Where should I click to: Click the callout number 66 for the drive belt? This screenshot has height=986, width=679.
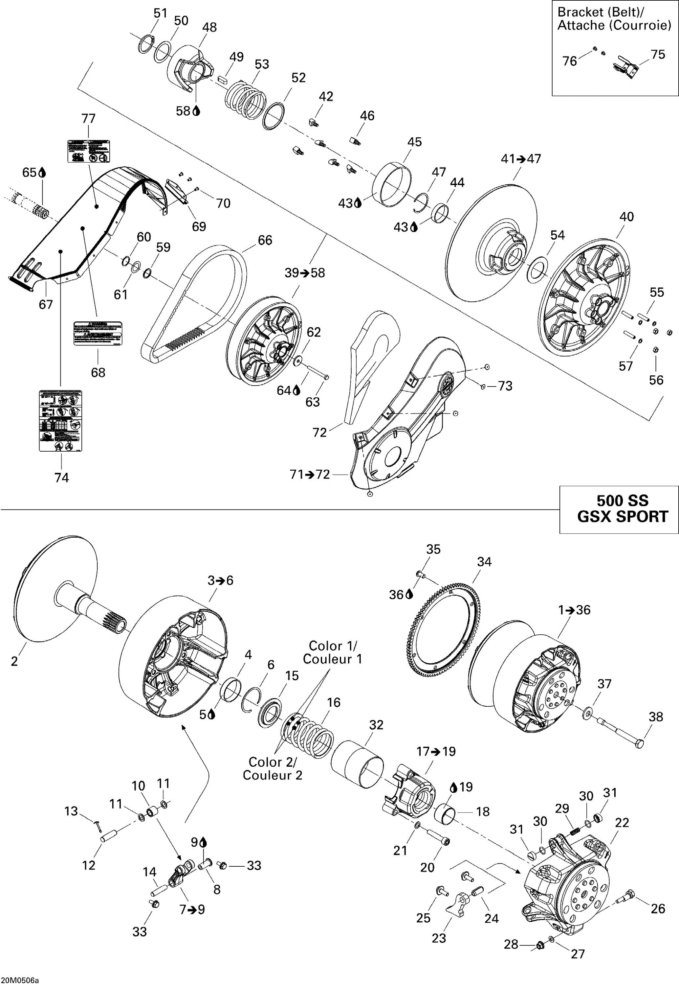(265, 240)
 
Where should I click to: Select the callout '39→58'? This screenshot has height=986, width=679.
(305, 273)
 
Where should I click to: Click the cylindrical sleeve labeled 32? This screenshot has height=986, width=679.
(357, 764)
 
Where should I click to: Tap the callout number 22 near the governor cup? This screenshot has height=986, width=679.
(622, 823)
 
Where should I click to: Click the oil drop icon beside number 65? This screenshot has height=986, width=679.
(42, 173)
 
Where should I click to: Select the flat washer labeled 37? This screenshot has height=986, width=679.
(589, 712)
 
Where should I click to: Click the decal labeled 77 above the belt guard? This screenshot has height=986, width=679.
(89, 151)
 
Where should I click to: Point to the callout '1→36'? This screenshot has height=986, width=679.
(574, 610)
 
